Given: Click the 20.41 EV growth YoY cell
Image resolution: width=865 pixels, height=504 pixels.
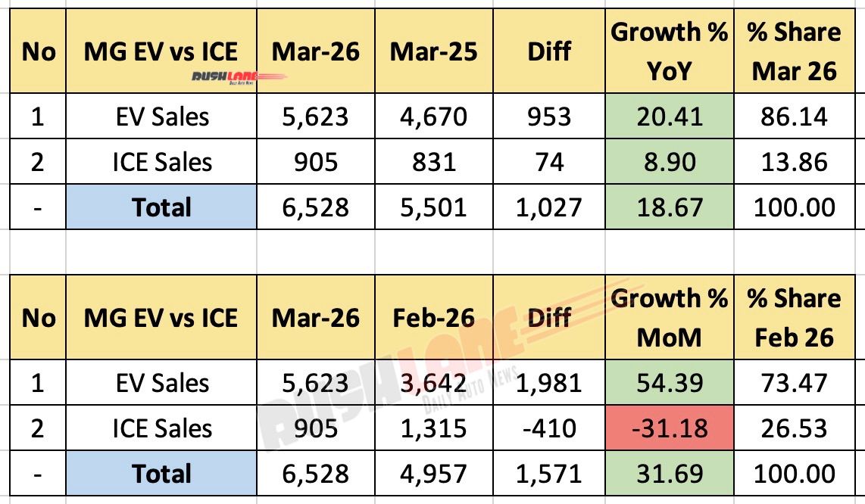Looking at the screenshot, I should click(670, 117).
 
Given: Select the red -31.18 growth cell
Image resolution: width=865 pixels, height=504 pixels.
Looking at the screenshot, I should click(670, 429).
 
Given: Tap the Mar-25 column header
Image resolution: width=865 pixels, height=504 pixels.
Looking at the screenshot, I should click(433, 51).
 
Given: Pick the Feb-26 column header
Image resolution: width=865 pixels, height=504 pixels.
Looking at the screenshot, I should click(433, 318).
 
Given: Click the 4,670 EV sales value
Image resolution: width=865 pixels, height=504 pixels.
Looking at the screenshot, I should click(433, 117).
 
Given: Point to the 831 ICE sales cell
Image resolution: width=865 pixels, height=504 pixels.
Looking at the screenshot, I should click(433, 162).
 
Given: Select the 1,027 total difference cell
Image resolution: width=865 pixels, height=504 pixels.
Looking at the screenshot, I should click(550, 207).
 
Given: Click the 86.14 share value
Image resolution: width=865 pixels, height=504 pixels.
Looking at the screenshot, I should click(794, 117).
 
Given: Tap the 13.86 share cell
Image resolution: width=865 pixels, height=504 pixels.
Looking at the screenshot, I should click(794, 162).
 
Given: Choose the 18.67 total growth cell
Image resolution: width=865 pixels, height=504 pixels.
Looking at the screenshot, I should click(670, 207).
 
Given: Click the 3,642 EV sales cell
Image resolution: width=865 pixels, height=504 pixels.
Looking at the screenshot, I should click(433, 384).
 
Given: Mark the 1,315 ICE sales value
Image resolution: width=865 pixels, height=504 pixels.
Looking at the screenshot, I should click(433, 429).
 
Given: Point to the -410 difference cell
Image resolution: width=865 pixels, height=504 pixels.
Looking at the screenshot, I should click(550, 429).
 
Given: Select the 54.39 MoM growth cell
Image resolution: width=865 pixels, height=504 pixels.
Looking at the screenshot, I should click(670, 384).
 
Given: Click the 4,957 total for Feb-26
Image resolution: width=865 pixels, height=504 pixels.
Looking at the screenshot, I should click(433, 474).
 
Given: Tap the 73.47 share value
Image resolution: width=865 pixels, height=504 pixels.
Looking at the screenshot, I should click(794, 384).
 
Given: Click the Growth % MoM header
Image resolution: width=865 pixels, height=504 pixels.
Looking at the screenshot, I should click(670, 318).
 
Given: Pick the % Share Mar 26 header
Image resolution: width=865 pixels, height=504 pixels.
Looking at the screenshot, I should click(794, 51).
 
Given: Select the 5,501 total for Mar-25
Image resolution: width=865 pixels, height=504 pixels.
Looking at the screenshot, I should click(433, 207).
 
